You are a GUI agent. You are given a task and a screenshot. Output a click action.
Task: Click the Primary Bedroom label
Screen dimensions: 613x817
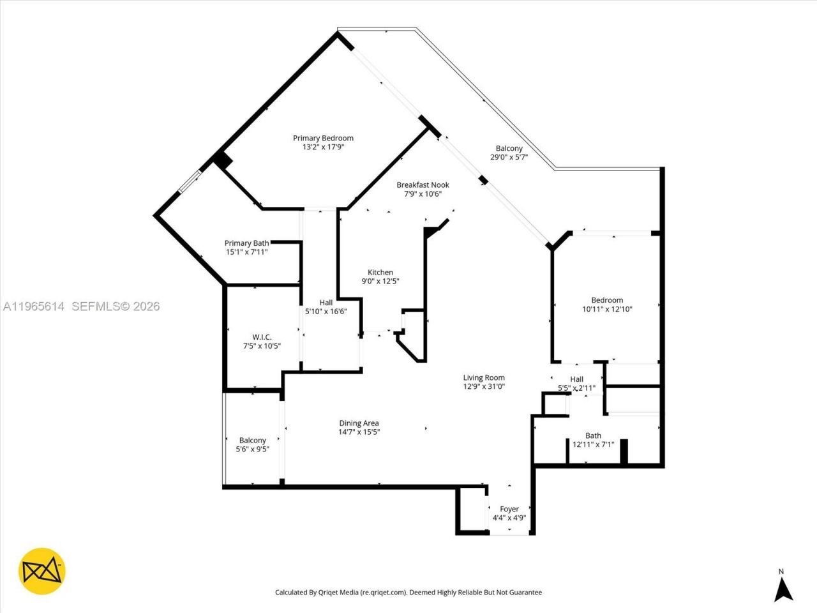point(323,138)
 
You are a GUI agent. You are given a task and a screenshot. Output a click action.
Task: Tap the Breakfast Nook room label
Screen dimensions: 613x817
point(423,185)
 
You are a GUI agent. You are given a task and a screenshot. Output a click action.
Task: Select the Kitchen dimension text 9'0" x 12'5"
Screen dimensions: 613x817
point(380,282)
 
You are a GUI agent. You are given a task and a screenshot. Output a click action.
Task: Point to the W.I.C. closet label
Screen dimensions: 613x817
point(262,337)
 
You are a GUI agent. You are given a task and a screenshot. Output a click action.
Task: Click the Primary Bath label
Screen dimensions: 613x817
point(246,243)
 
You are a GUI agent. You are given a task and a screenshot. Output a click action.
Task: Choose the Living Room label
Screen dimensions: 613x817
point(484,377)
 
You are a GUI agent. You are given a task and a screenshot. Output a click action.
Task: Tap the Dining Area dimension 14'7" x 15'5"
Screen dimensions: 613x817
point(359,432)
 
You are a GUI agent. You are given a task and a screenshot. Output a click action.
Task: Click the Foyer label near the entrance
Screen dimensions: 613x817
point(509,509)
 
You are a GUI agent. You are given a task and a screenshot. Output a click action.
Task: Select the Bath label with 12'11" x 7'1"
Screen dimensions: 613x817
point(593,436)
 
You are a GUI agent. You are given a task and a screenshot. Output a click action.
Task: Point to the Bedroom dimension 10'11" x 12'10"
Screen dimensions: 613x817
point(607,309)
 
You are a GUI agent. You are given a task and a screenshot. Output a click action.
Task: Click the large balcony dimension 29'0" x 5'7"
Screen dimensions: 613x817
point(509,157)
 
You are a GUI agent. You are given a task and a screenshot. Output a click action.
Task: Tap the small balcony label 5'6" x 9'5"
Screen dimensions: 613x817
point(252,449)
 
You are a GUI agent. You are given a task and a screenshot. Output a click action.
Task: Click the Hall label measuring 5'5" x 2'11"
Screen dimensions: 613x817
point(576,379)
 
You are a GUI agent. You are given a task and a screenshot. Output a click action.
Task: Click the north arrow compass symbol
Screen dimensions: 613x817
point(783,590)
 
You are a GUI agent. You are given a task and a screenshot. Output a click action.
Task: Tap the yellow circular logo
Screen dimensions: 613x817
point(42,571)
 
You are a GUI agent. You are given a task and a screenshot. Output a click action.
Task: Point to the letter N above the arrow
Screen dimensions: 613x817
point(781,571)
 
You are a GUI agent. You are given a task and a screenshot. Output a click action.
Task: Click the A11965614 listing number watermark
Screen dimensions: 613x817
point(34,306)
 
